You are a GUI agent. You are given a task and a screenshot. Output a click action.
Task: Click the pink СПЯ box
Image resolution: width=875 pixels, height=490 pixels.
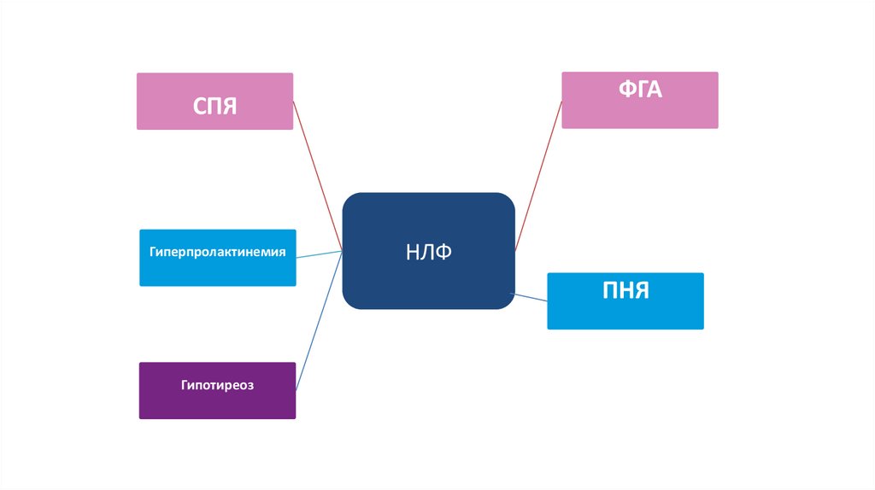pyautogui.click(x=214, y=101)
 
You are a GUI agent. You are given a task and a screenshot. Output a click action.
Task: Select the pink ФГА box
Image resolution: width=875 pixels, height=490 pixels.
pyautogui.click(x=639, y=100)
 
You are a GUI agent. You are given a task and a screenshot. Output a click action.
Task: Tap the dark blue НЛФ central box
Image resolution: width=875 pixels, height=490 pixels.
pyautogui.click(x=428, y=250)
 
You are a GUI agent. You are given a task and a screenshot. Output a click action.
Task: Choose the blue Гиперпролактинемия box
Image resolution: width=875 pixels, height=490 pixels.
pyautogui.click(x=217, y=257)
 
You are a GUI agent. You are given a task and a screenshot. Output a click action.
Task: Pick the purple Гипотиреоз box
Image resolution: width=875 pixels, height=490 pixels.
pyautogui.click(x=217, y=390)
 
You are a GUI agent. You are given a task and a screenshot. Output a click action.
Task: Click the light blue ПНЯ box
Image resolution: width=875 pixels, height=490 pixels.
pyautogui.click(x=625, y=300)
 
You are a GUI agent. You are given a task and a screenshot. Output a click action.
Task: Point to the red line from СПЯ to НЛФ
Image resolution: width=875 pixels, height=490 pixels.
pyautogui.click(x=318, y=176)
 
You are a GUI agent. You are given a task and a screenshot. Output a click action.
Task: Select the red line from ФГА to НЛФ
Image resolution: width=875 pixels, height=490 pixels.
pyautogui.click(x=538, y=176)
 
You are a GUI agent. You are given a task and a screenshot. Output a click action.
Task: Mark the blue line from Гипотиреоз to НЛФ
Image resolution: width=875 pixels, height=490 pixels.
pyautogui.click(x=320, y=320)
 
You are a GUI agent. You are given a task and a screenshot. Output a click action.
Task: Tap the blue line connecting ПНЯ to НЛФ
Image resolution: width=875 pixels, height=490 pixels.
pyautogui.click(x=530, y=297)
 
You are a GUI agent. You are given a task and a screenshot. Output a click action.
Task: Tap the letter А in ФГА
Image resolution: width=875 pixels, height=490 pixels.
pyautogui.click(x=655, y=89)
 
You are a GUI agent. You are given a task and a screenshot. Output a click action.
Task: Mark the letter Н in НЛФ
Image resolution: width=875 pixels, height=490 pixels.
pyautogui.click(x=412, y=252)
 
